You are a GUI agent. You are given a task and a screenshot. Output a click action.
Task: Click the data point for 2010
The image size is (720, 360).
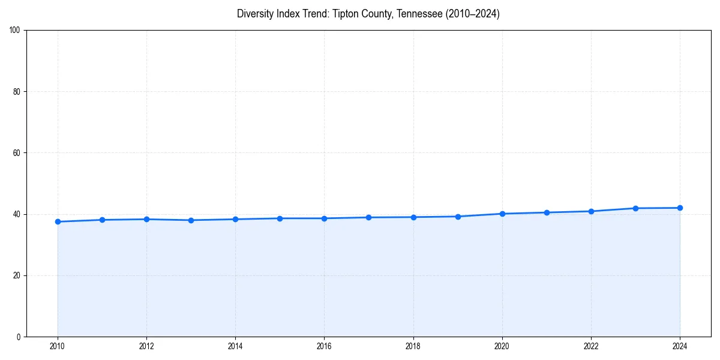58,222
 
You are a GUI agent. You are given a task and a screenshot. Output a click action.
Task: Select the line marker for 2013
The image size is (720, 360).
191,220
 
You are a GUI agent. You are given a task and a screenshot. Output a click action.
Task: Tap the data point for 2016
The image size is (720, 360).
324,218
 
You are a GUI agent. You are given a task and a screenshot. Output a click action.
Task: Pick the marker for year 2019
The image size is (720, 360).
458,217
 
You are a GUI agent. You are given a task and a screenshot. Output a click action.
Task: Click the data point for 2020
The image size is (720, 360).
502,214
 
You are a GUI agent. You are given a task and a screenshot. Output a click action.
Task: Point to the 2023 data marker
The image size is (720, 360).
635,208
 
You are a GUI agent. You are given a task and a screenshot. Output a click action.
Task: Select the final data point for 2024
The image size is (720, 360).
680,208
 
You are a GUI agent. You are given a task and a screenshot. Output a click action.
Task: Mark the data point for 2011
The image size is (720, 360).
102,220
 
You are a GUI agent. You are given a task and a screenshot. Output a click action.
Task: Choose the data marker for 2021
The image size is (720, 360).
547,212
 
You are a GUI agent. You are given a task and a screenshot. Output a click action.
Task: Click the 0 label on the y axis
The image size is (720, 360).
19,337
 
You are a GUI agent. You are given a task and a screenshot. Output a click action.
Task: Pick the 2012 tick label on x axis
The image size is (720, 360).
146,346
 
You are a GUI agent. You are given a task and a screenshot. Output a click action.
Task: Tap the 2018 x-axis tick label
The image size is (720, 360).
413,346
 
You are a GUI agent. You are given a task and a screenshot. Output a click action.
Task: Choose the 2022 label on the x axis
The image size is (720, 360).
591,346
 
